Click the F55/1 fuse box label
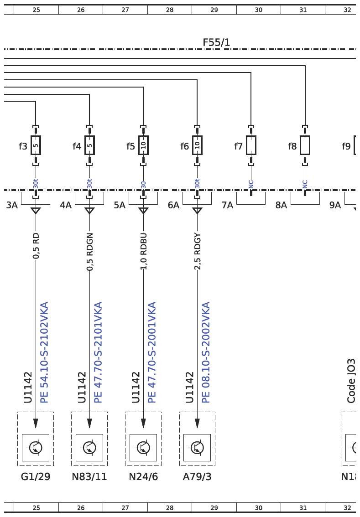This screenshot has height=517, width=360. tap(216, 42)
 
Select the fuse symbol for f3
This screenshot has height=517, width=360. tap(36, 145)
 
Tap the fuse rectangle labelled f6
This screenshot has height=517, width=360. tap(197, 145)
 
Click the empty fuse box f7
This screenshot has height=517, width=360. tap(251, 145)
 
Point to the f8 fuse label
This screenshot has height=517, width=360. tap(292, 146)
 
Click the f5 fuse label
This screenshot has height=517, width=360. tap(130, 146)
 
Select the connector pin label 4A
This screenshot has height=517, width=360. tap(66, 205)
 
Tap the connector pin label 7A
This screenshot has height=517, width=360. tap(227, 205)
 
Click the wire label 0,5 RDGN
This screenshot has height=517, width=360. tap(90, 252)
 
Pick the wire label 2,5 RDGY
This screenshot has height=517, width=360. tap(197, 251)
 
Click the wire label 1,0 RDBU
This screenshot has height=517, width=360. tap(144, 251)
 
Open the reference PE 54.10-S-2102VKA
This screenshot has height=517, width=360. tap(44, 352)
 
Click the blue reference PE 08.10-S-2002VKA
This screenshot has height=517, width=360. tap(206, 352)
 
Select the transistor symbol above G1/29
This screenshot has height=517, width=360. tap(36, 447)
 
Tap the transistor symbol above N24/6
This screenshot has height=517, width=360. tap(143, 447)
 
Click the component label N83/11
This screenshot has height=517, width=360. tap(89, 476)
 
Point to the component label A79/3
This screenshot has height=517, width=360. tap(197, 476)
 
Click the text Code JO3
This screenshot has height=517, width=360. tap(351, 381)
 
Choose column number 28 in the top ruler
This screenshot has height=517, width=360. tap(170, 10)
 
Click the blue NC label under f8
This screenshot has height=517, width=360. tap(305, 184)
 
